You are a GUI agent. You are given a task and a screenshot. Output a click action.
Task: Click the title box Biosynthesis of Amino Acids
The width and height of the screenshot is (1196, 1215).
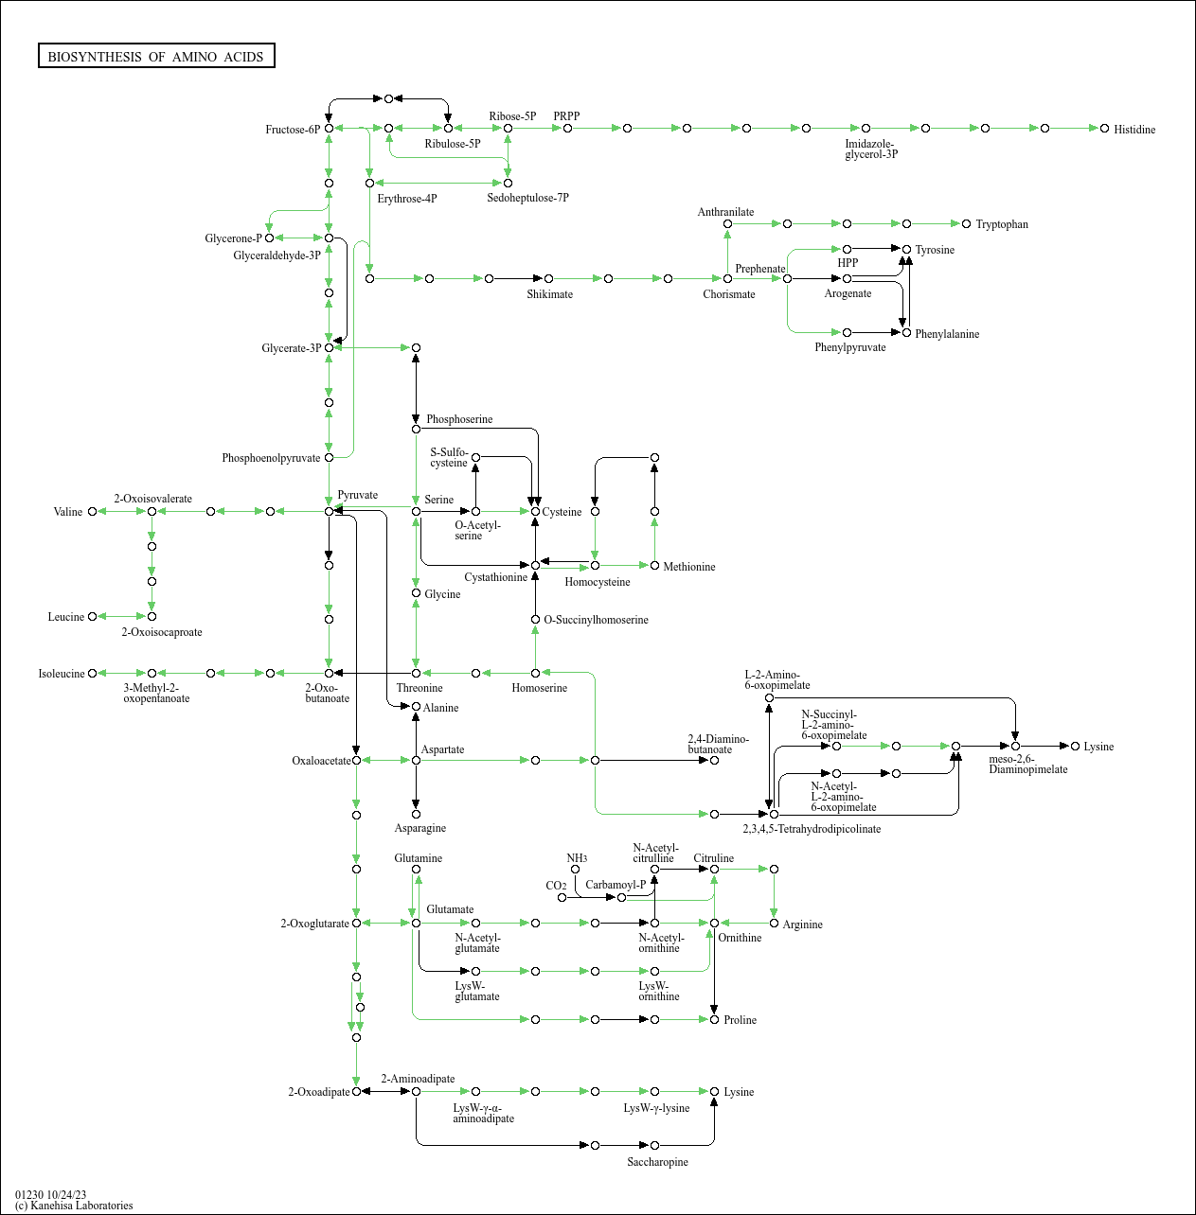[x=156, y=57]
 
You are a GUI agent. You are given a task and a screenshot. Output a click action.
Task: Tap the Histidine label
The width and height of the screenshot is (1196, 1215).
[x=1134, y=130]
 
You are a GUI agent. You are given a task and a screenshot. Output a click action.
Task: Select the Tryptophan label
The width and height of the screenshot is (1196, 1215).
[x=1001, y=224]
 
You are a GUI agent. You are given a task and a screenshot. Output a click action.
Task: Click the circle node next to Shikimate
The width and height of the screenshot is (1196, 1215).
[x=548, y=278]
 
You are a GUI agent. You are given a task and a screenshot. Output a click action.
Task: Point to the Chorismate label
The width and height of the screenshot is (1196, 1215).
[x=728, y=294]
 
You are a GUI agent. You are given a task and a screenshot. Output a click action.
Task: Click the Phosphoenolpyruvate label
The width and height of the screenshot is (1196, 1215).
[x=271, y=458]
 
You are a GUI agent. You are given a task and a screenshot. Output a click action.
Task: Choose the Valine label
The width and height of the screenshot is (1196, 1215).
[x=68, y=512]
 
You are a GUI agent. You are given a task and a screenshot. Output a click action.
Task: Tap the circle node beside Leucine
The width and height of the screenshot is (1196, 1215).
[x=92, y=617]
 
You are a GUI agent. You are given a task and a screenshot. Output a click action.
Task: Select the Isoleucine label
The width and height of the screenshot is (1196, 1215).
[x=62, y=674]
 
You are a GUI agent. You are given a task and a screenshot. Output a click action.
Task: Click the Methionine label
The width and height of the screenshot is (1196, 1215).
[x=688, y=567]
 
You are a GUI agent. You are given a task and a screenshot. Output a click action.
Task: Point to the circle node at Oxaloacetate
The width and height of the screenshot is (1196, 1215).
[x=356, y=760]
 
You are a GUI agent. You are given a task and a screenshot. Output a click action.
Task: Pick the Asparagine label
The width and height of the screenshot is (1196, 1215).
[x=419, y=828]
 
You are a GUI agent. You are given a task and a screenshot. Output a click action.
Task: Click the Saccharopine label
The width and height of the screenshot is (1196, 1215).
[x=657, y=1162]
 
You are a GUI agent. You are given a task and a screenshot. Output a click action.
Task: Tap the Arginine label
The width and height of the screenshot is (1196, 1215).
[x=802, y=924]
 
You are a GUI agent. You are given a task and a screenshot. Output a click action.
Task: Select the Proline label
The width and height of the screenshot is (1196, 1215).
[x=740, y=1020]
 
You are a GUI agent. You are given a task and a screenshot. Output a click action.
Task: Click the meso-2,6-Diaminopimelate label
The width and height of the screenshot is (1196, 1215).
[x=1027, y=765]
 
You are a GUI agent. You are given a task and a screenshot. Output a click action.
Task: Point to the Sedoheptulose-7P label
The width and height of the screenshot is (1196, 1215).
[x=527, y=198]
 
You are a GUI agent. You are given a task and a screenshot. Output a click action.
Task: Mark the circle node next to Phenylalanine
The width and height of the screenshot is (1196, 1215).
[x=906, y=333]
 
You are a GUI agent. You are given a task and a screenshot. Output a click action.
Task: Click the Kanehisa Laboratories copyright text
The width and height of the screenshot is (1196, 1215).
[x=74, y=1206]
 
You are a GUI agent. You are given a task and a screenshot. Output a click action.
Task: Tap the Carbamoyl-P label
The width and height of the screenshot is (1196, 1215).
[x=616, y=885]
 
